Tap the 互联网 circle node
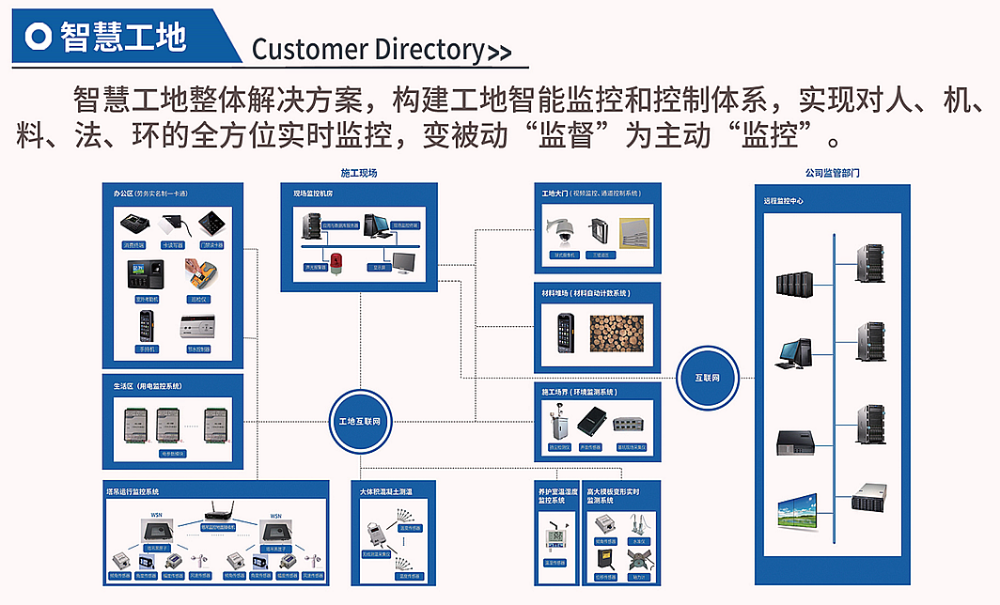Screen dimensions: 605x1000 [x=708, y=378]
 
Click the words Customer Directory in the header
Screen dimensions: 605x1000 [x=367, y=49]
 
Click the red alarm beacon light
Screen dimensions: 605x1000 [x=335, y=257]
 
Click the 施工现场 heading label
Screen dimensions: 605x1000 [x=358, y=173]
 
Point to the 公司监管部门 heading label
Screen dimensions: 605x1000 [x=832, y=174]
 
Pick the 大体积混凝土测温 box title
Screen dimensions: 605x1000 [x=392, y=491]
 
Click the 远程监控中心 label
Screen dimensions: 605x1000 [x=783, y=201]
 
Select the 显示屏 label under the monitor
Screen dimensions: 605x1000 [x=382, y=267]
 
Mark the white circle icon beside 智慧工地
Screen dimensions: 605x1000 [x=39, y=36]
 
